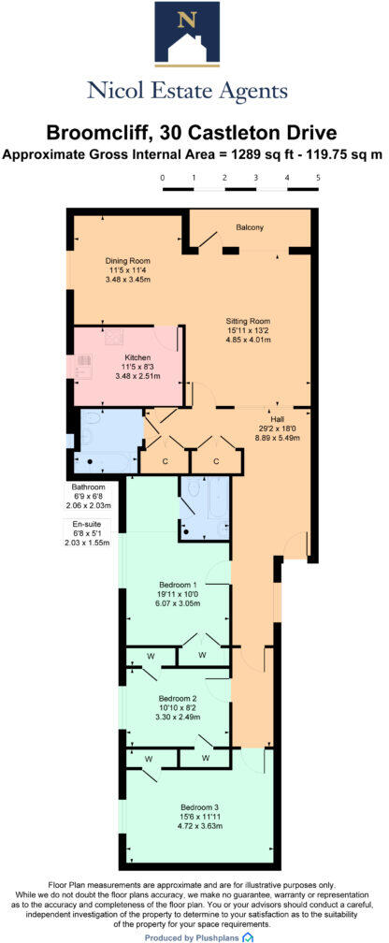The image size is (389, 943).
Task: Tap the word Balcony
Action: tap(249, 227)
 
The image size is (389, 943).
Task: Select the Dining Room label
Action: tap(127, 260)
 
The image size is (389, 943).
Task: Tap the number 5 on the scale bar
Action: tap(318, 177)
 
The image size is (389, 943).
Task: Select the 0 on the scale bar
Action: tap(162, 177)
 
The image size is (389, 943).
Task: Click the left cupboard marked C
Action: tap(164, 460)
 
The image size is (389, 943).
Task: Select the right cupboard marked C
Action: tap(216, 460)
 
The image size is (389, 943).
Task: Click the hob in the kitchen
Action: tap(83, 360)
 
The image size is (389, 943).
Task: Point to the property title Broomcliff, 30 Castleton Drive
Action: tap(194, 135)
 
